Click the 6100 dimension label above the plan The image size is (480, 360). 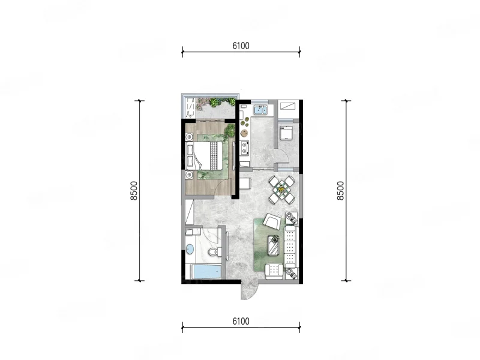tap(241, 46)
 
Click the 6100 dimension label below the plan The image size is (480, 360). tap(241, 322)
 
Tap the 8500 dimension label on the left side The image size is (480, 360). tap(134, 191)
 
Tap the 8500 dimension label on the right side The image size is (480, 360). tap(340, 191)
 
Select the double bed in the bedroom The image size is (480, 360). tap(204, 155)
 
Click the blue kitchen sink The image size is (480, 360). tap(260, 110)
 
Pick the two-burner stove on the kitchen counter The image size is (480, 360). tap(245, 147)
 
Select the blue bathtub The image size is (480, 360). tap(207, 272)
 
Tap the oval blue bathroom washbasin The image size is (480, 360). tap(190, 249)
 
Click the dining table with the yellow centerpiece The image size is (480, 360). tap(281, 190)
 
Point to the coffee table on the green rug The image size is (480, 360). tap(274, 245)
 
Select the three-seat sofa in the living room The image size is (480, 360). tap(290, 247)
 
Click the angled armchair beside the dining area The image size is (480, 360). tap(272, 221)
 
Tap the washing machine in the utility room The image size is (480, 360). tap(287, 133)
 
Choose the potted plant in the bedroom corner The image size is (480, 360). tap(229, 131)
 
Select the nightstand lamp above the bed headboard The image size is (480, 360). tap(190, 137)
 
